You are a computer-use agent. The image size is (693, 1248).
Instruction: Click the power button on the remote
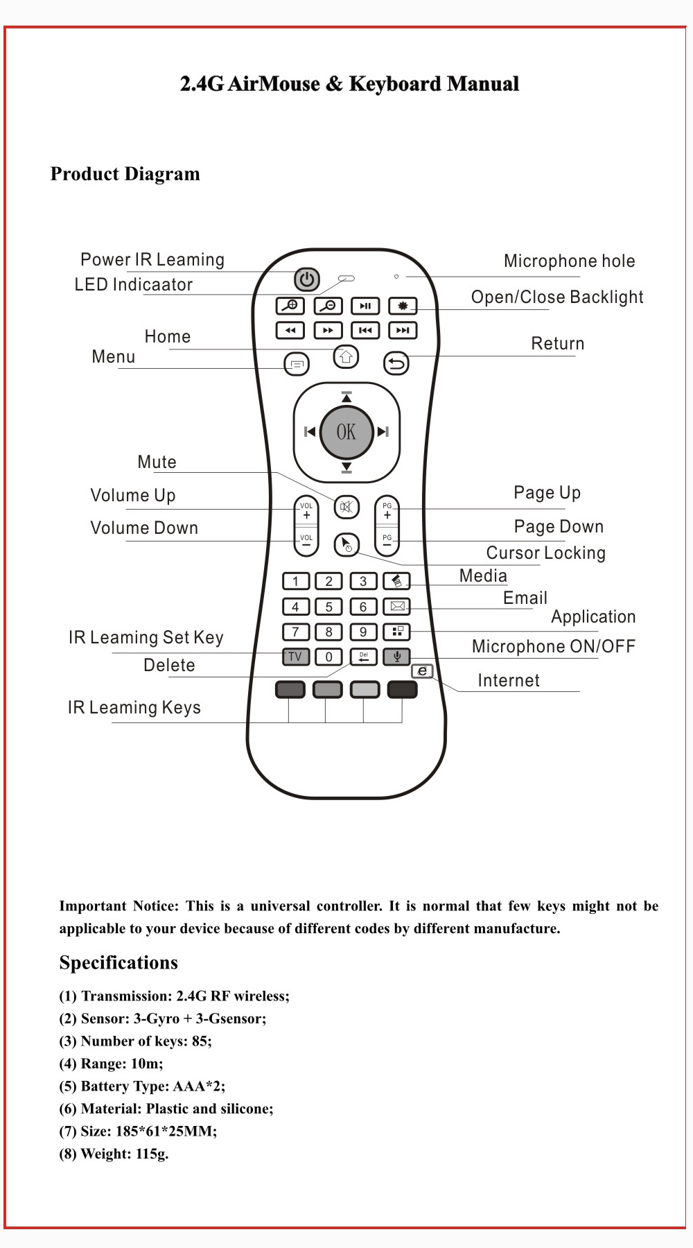point(306,279)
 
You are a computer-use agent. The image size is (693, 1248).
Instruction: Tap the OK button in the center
point(346,432)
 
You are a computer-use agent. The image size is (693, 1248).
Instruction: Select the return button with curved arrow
point(396,363)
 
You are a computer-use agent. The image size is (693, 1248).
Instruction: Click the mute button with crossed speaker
point(346,507)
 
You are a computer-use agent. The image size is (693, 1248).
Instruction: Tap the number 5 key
point(328,607)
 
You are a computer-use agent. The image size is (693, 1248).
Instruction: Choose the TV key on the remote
point(295,657)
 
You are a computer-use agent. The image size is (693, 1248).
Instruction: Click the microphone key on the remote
point(396,656)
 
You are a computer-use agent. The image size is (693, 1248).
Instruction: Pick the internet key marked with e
point(422,671)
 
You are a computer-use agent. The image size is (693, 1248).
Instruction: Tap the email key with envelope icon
point(397,607)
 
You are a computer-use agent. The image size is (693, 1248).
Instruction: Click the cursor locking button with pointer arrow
point(346,545)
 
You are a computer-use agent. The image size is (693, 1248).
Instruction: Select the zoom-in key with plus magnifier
point(290,306)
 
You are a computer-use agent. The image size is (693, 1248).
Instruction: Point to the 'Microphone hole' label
point(569,261)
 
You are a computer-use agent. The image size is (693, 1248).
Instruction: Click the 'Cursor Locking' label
point(545,553)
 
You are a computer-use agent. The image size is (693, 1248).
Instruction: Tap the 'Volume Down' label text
point(144,528)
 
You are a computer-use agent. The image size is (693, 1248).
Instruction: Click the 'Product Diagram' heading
point(125,174)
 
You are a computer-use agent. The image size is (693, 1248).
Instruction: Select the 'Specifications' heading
point(119,963)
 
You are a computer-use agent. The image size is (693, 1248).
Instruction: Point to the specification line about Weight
point(114,1154)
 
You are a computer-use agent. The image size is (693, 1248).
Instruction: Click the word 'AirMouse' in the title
point(274,84)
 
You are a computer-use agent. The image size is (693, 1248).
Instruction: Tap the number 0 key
point(328,657)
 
